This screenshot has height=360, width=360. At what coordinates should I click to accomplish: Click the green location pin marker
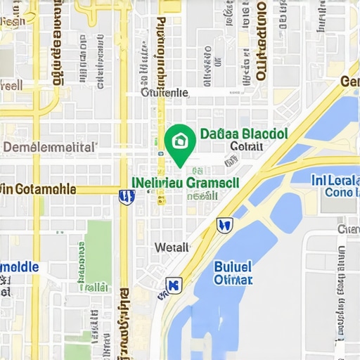tap(180, 143)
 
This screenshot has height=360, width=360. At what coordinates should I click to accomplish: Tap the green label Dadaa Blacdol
tap(244, 133)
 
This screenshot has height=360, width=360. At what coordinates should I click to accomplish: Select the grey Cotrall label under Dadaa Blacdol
tap(246, 146)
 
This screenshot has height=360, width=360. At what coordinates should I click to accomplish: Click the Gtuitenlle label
tap(165, 92)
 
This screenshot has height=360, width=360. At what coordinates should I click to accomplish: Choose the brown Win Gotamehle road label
tap(38, 188)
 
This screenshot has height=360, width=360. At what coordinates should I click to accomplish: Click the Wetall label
tap(172, 247)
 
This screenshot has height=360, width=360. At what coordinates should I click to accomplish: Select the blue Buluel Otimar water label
tap(232, 273)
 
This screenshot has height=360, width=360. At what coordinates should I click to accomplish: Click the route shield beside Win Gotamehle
tap(126, 198)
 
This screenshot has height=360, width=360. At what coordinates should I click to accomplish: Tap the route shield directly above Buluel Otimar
tap(224, 225)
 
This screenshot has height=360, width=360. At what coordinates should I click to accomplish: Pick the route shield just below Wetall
tap(173, 285)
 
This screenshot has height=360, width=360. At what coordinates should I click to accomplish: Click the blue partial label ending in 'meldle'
tap(19, 267)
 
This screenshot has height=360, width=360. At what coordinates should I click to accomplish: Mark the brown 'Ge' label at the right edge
tap(349, 82)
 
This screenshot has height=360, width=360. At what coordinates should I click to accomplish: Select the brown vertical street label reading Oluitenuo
tap(261, 42)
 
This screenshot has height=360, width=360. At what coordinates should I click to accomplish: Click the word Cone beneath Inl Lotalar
tap(338, 192)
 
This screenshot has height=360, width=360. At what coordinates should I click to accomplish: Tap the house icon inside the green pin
tap(180, 140)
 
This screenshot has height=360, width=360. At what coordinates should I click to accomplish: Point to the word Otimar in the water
tap(233, 280)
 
